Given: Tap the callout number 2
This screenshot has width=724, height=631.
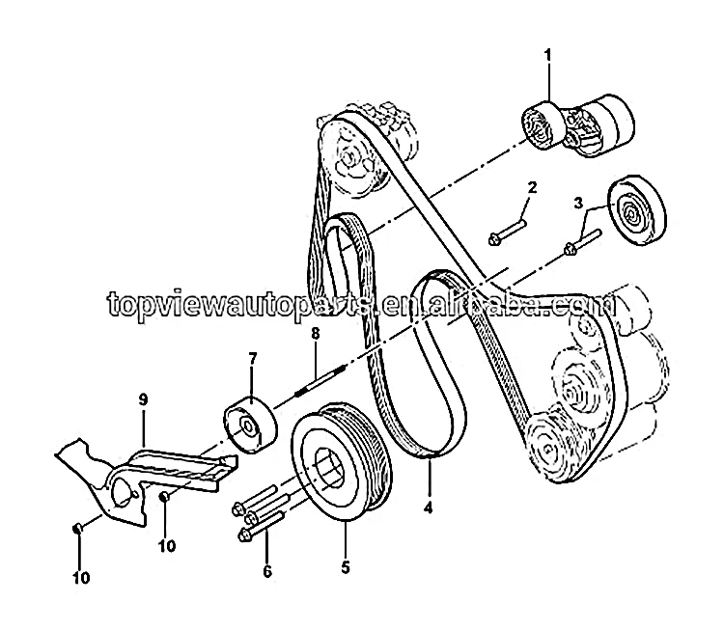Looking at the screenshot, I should (x=530, y=186).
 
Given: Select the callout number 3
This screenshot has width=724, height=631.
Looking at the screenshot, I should (x=578, y=203).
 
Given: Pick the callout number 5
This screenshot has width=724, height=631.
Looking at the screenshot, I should (x=345, y=566).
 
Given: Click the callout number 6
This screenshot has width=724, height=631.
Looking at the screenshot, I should (x=267, y=572).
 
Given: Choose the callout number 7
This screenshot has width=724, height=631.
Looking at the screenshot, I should (x=252, y=359).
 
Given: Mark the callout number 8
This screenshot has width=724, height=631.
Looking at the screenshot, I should (x=313, y=335).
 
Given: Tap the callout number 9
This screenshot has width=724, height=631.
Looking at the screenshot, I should (x=143, y=398).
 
